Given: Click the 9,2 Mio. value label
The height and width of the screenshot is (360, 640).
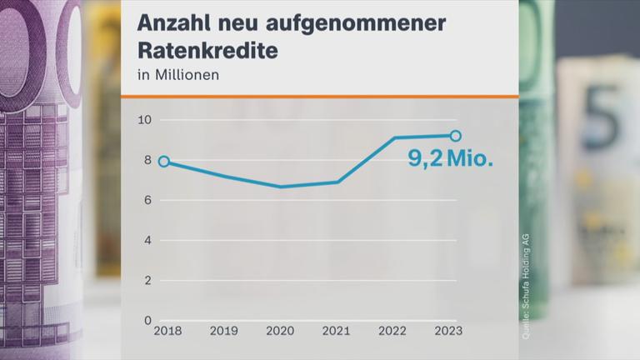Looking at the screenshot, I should (450, 158).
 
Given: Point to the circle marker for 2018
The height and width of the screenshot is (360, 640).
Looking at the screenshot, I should (164, 162).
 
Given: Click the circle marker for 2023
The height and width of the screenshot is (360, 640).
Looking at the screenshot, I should (455, 136).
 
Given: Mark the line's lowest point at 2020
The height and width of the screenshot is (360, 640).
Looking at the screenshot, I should (280, 187).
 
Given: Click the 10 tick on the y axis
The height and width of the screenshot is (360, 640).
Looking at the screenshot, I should (144, 120).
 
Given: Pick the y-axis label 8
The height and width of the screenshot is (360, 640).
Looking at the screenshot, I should (147, 160).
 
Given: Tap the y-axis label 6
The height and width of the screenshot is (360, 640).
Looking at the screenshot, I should (147, 200).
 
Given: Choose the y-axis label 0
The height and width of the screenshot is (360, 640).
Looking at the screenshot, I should (147, 321).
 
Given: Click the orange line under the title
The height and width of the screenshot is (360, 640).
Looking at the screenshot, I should (320, 97).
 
